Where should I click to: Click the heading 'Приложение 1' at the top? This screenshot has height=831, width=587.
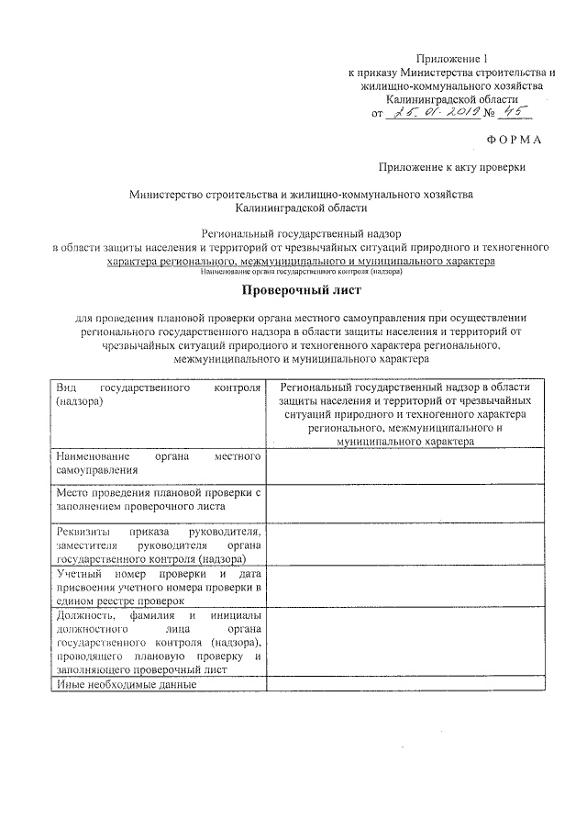click(x=451, y=57)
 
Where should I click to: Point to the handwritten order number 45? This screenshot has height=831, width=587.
click(x=515, y=112)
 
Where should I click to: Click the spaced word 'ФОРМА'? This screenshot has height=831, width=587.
click(x=515, y=139)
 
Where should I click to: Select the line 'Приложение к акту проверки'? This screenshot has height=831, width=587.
click(x=452, y=166)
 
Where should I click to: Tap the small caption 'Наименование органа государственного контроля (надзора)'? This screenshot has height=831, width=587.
click(x=301, y=271)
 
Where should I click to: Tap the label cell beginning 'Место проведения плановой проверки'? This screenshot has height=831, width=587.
click(x=158, y=500)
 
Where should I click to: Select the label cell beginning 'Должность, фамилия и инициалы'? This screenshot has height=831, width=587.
click(x=158, y=643)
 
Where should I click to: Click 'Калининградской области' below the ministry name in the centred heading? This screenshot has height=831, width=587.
click(x=301, y=208)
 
